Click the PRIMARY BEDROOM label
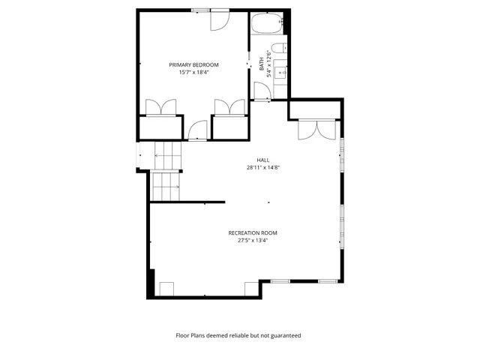pyautogui.click(x=193, y=65)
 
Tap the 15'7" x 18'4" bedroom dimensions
pyautogui.click(x=193, y=73)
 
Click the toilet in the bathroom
pyautogui.click(x=277, y=49)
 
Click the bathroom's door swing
pyautogui.click(x=262, y=91)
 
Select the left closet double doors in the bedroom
pyautogui.click(x=159, y=107)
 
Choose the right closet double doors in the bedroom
pyautogui.click(x=229, y=107)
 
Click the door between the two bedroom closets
pyautogui.click(x=197, y=130)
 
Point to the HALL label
pyautogui.click(x=262, y=160)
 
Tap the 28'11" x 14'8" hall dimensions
pyautogui.click(x=262, y=167)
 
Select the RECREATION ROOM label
pyautogui.click(x=253, y=233)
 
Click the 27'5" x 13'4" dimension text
pyautogui.click(x=253, y=241)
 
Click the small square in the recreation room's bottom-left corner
pyautogui.click(x=166, y=289)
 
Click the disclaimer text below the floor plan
pyautogui.click(x=238, y=335)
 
